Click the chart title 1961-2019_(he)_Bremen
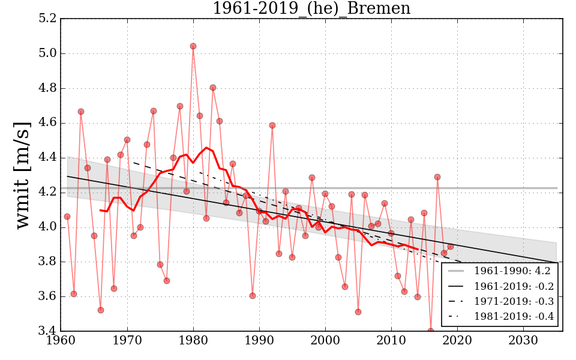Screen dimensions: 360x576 coord(311,8)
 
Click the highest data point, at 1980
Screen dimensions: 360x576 coord(193,46)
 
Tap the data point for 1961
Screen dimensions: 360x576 coord(67,217)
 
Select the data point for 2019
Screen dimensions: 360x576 coord(450,247)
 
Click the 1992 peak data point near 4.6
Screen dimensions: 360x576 coord(272,125)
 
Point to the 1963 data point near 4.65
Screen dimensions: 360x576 coord(81,112)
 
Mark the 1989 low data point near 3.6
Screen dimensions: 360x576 coord(253,296)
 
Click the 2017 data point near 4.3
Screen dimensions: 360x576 coord(437,177)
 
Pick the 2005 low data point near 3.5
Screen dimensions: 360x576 coord(358,312)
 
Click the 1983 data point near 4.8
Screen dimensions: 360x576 coord(213,88)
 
